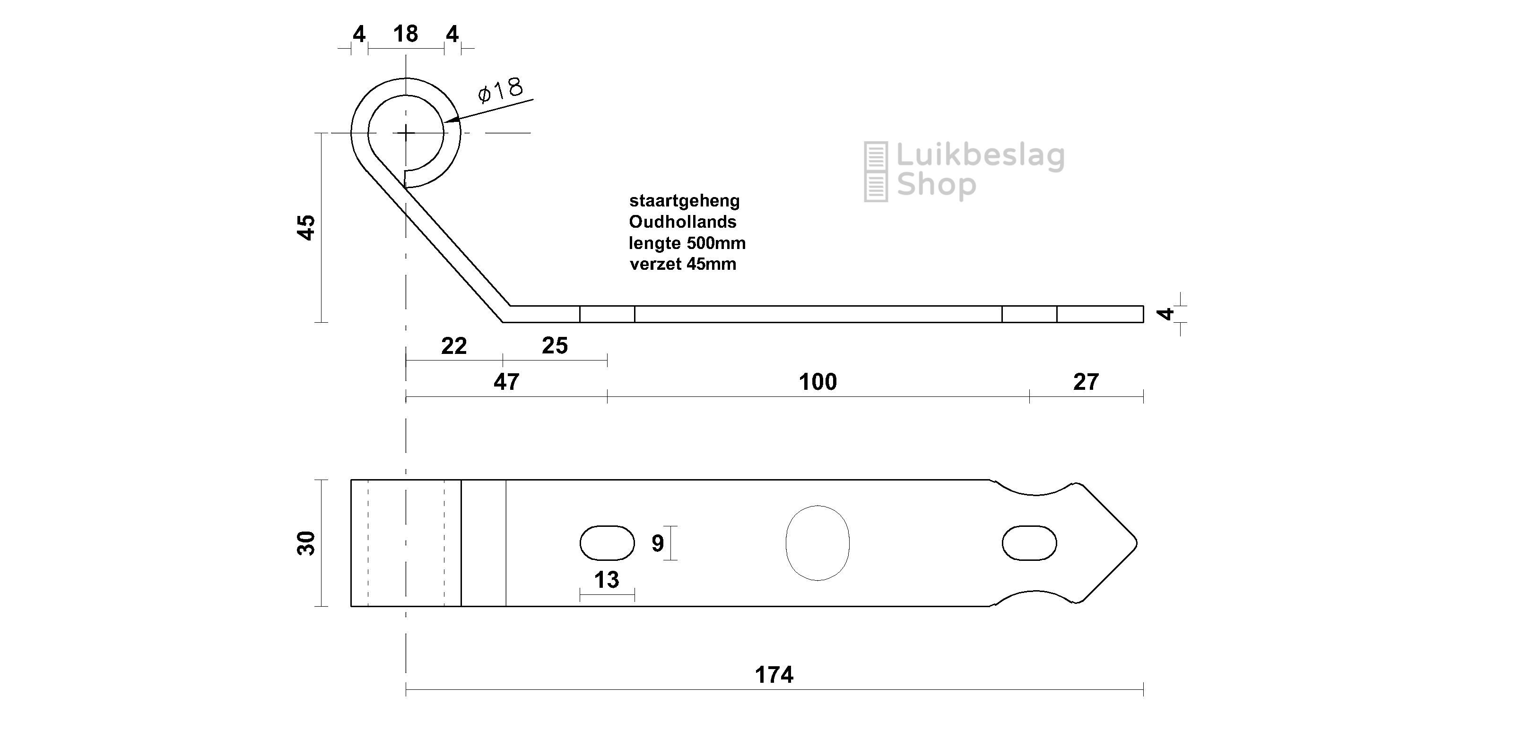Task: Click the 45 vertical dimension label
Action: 306,227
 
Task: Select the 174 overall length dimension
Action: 774,675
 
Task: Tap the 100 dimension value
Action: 817,382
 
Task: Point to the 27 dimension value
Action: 1086,382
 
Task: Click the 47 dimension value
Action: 506,382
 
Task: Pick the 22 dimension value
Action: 454,346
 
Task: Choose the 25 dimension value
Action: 555,346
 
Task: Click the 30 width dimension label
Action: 306,543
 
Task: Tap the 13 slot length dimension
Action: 607,580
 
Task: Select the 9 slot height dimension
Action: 658,543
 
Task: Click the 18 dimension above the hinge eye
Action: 406,34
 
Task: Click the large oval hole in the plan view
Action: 817,543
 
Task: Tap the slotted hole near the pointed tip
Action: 1030,543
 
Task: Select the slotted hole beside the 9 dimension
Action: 607,543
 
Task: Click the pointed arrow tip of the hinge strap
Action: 1138,543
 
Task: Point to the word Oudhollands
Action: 682,222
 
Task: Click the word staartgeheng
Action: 684,201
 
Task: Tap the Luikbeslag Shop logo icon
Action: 876,172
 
